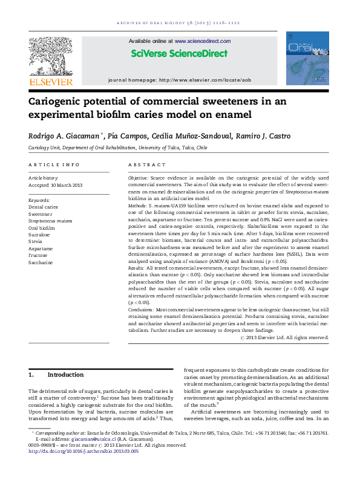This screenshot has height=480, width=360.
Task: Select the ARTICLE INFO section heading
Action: pos(54,164)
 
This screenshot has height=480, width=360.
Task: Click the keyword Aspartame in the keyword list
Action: pos(41,248)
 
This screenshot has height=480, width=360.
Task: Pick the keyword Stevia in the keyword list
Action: pos(36,241)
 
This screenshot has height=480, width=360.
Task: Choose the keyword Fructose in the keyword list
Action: pos(39,256)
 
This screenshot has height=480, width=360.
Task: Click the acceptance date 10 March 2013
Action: pos(63,185)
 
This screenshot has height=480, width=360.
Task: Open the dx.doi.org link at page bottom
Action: pos(83,452)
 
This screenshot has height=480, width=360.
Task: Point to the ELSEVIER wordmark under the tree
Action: pos(51,82)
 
